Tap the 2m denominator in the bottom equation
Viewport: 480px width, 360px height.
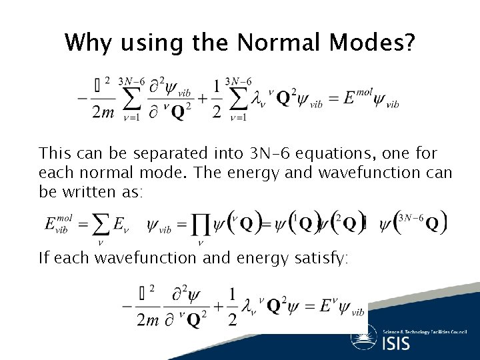tap(147, 320)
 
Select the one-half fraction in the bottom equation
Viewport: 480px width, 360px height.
tap(233, 307)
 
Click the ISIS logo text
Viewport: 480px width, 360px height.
tap(397, 343)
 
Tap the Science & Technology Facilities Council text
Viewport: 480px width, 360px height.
tap(424, 331)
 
